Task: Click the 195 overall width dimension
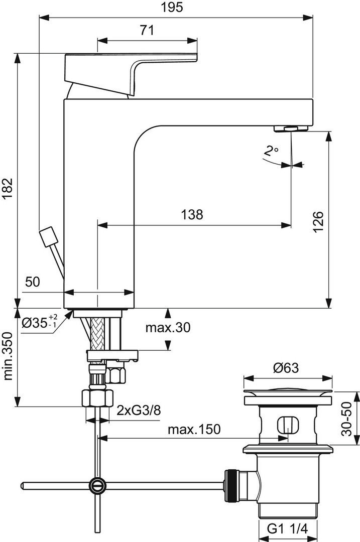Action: (x=172, y=7)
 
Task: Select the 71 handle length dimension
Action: (x=147, y=30)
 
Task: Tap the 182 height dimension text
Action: (x=7, y=189)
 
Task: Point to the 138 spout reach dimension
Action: (x=192, y=215)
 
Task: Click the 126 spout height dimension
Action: (x=318, y=222)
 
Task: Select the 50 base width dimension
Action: (x=33, y=282)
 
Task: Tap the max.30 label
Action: (x=168, y=327)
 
